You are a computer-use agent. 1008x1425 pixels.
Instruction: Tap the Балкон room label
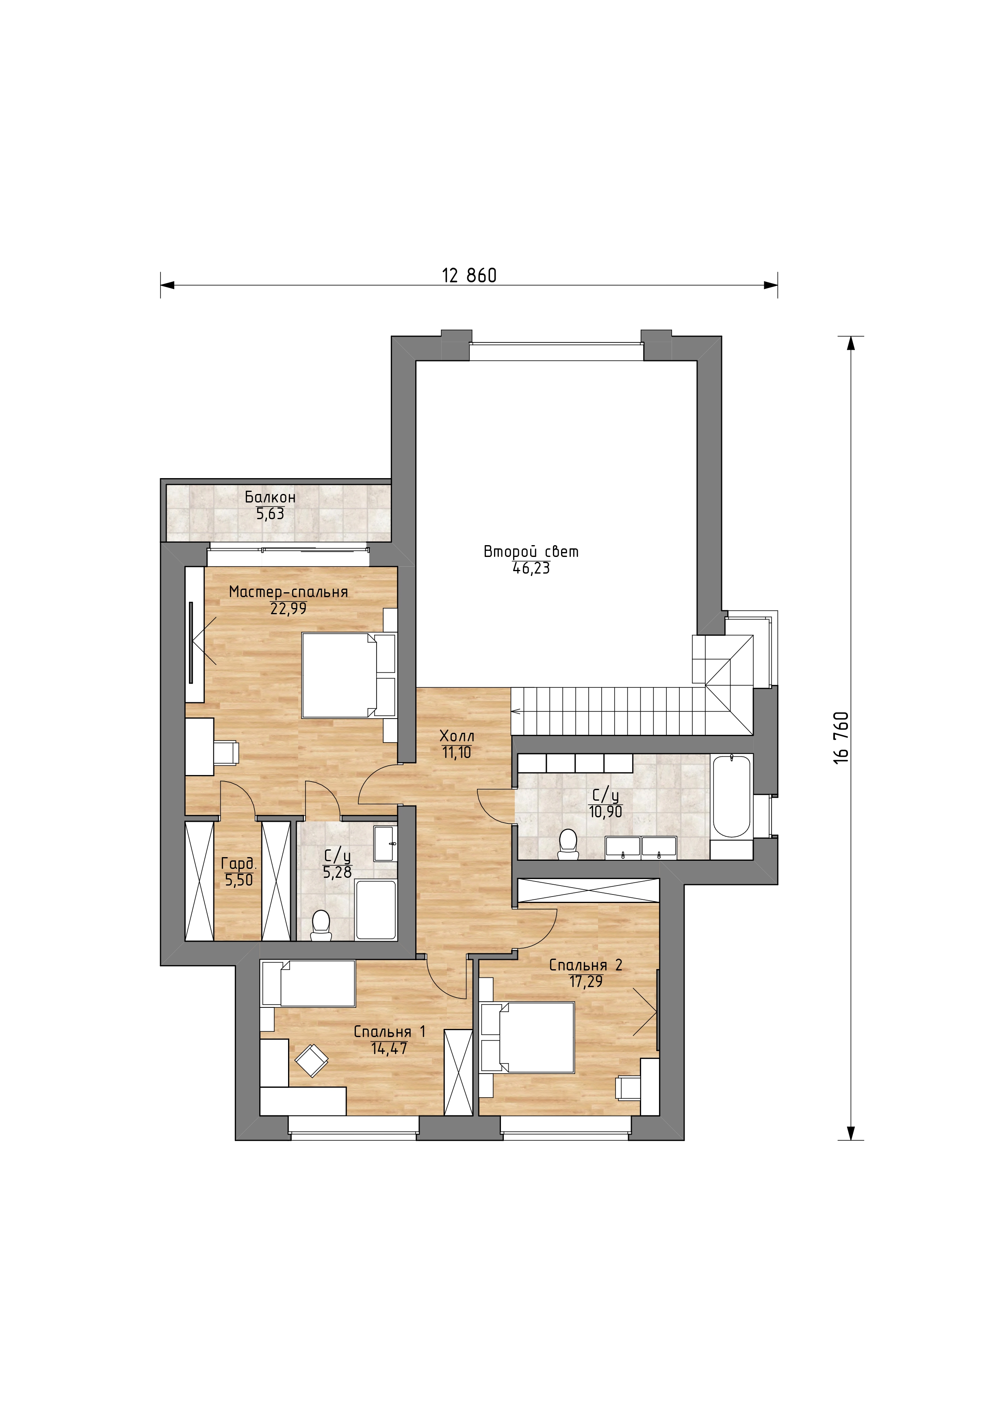tap(270, 497)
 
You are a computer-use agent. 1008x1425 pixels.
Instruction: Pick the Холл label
tap(457, 736)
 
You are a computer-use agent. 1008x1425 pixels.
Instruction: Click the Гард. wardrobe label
tap(239, 863)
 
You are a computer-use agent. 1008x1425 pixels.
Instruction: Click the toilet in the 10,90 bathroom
tap(568, 844)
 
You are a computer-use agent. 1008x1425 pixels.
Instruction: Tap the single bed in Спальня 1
tap(308, 983)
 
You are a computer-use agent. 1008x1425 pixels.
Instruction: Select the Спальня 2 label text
tap(585, 965)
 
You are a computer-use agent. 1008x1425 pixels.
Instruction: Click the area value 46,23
tap(531, 568)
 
